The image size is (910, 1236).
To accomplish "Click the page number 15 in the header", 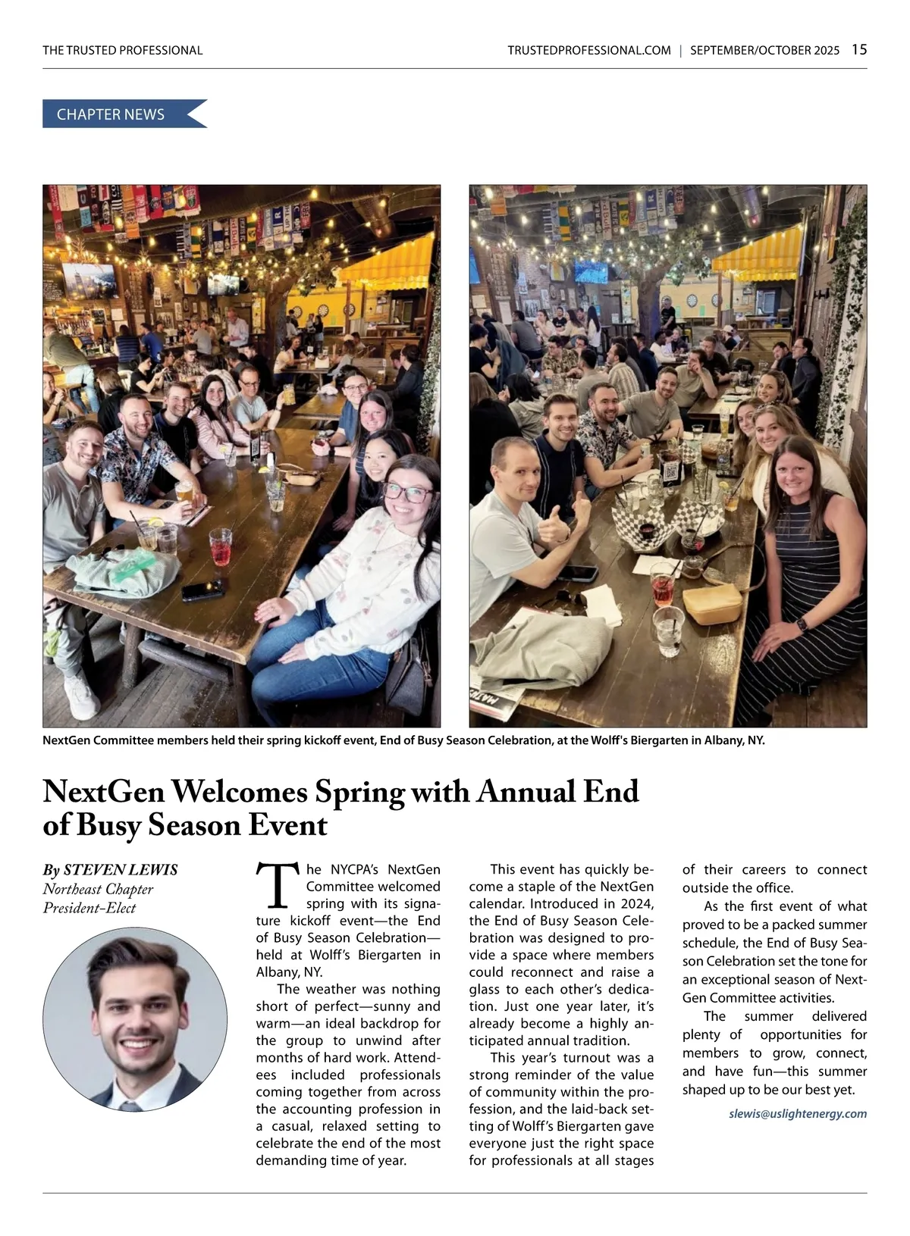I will [x=859, y=50].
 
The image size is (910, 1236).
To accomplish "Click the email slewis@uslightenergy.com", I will [x=797, y=1113].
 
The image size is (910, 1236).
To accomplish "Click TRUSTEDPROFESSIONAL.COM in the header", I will [x=589, y=51].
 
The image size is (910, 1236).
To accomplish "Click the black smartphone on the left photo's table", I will [x=202, y=588].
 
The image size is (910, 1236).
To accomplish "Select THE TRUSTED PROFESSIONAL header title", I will [x=123, y=51].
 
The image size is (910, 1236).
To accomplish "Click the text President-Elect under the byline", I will [x=89, y=908].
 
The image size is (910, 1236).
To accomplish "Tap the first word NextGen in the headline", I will [x=104, y=791].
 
